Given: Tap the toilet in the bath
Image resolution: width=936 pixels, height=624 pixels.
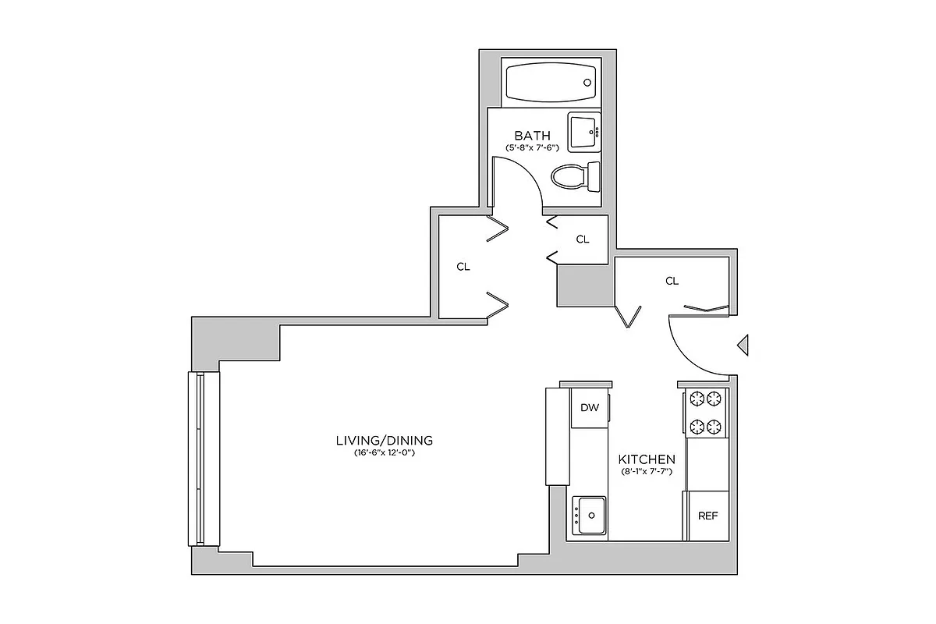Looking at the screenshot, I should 576,175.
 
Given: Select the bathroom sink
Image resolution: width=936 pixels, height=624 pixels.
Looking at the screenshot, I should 583,132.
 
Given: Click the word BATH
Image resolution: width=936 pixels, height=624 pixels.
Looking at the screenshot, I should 532,136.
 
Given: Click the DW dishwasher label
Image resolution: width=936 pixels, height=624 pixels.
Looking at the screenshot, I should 590,407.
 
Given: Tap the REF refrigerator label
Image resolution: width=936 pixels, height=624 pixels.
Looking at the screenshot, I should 707,516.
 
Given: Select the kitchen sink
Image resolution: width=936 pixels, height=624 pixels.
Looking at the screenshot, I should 590,516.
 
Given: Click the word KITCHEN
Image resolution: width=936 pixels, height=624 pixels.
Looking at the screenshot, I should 647,459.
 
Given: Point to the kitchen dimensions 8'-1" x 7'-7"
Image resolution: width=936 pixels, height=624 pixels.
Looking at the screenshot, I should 647,472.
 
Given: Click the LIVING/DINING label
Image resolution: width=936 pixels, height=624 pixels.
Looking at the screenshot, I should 384,441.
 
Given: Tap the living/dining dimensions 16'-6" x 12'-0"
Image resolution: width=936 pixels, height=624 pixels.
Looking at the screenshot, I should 383,452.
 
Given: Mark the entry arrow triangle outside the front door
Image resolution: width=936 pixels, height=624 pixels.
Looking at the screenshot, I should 743,345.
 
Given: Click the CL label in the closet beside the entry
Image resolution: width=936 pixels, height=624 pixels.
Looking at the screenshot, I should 672,281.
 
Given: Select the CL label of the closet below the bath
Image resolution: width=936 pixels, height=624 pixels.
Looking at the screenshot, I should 583,239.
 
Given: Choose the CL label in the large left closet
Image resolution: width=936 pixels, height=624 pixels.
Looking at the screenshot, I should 463,267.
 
